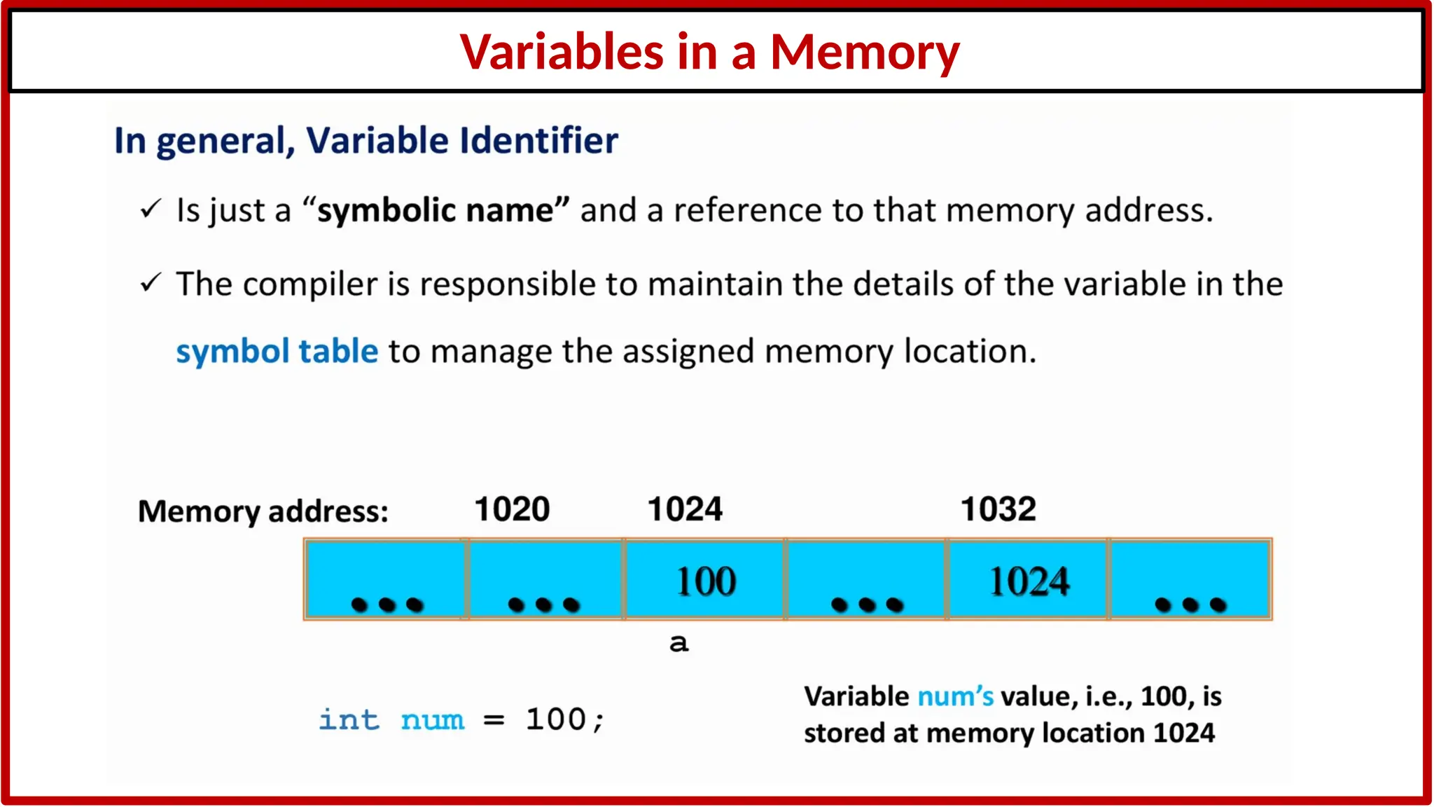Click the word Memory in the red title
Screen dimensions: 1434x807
click(865, 53)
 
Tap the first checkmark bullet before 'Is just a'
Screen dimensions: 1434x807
click(151, 209)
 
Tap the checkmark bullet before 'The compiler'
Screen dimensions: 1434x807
click(151, 283)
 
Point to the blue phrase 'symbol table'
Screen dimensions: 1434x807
click(277, 351)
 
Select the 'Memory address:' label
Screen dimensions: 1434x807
click(263, 511)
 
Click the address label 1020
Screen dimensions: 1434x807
click(512, 509)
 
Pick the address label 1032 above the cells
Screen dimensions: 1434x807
click(998, 509)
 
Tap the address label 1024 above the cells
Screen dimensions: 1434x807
click(685, 509)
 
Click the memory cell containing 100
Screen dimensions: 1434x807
click(705, 580)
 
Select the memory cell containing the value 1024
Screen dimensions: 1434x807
click(1029, 580)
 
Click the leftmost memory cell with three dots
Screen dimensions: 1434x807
click(386, 580)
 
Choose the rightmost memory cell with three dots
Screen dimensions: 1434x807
click(1190, 580)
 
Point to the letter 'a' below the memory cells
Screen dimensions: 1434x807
click(678, 642)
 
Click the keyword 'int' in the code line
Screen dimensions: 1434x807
click(349, 719)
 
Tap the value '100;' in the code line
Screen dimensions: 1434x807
click(564, 719)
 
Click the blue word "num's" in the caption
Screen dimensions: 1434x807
click(955, 696)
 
